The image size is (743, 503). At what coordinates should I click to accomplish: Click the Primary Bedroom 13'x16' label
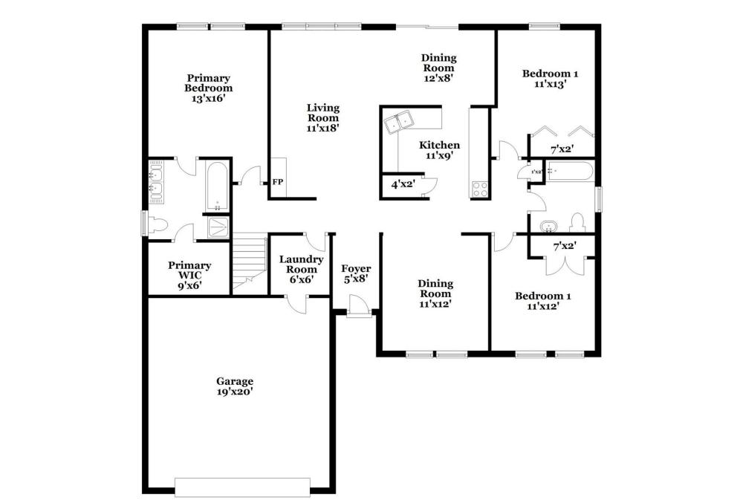pyautogui.click(x=209, y=88)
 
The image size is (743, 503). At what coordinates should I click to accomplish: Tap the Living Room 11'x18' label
pyautogui.click(x=322, y=118)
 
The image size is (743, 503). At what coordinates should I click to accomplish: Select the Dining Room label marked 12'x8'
pyautogui.click(x=439, y=68)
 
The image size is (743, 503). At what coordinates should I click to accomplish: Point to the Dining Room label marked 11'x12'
pyautogui.click(x=435, y=293)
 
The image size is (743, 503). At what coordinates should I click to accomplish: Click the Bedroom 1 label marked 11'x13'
pyautogui.click(x=550, y=79)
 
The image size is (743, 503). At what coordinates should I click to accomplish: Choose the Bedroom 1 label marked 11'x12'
pyautogui.click(x=543, y=301)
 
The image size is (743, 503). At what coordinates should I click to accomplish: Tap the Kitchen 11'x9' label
pyautogui.click(x=439, y=150)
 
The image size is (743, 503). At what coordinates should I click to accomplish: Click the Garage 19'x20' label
pyautogui.click(x=235, y=386)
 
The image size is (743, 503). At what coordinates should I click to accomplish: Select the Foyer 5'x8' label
pyautogui.click(x=356, y=273)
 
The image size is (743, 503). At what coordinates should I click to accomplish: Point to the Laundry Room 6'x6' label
pyautogui.click(x=301, y=269)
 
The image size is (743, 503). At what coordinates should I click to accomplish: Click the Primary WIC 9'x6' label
pyautogui.click(x=189, y=275)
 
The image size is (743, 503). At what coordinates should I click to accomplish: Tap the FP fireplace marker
pyautogui.click(x=278, y=181)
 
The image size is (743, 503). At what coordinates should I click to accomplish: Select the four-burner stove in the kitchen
pyautogui.click(x=479, y=189)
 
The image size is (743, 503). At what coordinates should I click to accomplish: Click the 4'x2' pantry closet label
pyautogui.click(x=403, y=184)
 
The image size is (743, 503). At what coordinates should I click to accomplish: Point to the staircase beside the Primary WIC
pyautogui.click(x=249, y=262)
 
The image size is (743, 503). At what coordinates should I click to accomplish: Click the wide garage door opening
pyautogui.click(x=243, y=487)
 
